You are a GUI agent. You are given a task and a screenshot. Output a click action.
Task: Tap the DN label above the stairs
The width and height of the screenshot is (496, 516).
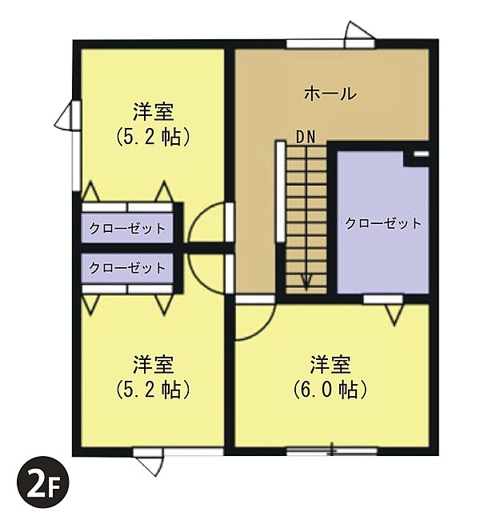pos(306,137)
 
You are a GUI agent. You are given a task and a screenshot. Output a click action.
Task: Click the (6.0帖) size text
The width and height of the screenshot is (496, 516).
pos(330,390)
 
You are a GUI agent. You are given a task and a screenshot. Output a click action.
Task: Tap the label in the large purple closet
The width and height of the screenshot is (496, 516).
pos(383,223)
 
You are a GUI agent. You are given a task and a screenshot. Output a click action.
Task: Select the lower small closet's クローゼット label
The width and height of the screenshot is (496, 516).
pos(127,267)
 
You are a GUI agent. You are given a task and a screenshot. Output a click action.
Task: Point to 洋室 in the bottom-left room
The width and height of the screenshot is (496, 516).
pos(154,365)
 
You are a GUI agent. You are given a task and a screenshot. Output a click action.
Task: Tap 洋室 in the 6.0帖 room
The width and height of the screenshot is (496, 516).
pos(330,365)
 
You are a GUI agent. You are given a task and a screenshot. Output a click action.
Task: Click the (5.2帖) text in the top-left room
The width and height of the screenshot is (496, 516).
pos(154,137)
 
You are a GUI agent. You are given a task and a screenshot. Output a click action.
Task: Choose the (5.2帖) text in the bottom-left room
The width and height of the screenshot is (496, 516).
pos(154,390)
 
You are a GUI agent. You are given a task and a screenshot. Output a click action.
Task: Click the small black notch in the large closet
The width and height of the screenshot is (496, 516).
pos(422,152)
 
